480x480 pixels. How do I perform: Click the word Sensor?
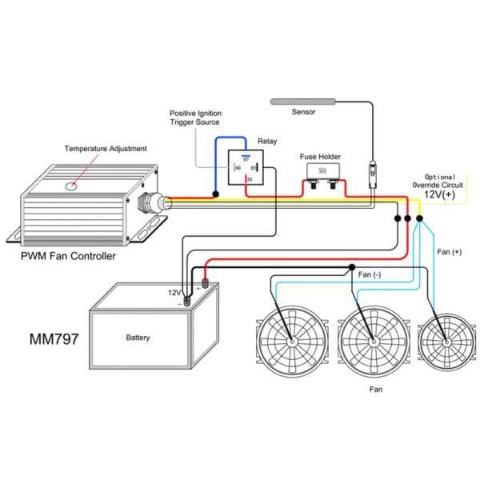(x=305, y=113)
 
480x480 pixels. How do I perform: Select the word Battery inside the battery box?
(x=138, y=338)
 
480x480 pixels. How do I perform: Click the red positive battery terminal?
(x=205, y=282)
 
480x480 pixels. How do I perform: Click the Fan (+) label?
(x=450, y=252)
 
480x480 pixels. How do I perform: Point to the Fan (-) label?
(x=370, y=275)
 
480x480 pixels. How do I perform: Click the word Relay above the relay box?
(x=267, y=141)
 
